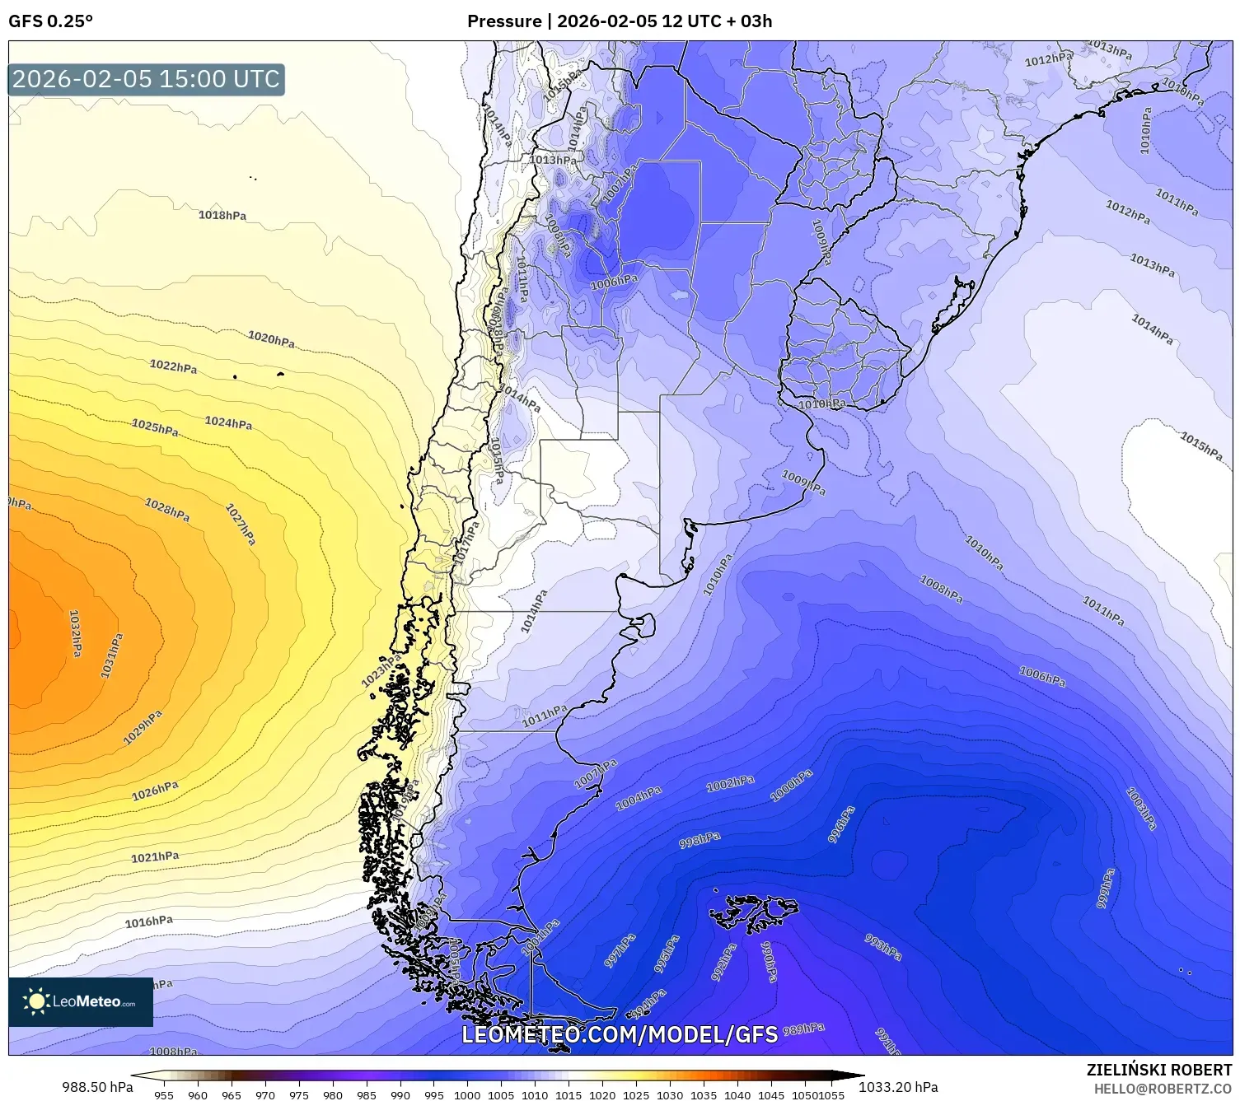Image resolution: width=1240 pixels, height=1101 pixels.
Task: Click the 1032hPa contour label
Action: pos(75,632)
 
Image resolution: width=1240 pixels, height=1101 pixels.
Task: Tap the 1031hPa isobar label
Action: pos(112,655)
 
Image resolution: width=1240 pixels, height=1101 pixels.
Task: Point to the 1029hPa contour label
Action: pos(143,728)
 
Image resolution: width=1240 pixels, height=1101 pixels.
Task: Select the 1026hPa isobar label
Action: pos(155,791)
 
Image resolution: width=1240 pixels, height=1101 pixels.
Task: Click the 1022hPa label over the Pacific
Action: pos(173,366)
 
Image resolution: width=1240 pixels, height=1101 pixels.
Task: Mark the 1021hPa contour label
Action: pos(155,857)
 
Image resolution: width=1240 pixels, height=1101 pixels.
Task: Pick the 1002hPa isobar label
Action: pos(730,783)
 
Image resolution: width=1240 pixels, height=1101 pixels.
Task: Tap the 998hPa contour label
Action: pos(700,840)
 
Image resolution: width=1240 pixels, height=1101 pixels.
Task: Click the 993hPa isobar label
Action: pos(883,947)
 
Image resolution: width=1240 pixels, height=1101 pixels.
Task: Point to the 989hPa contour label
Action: pos(803,1029)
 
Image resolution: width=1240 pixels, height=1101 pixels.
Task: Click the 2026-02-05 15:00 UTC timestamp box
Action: pos(147,79)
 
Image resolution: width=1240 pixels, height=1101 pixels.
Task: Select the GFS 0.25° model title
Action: pos(51,21)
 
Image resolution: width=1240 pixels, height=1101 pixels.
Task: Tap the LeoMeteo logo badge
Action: pos(81,1001)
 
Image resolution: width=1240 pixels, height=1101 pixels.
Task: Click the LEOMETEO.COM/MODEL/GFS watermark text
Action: pos(620,1034)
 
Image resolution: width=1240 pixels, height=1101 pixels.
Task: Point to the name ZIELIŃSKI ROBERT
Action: pos(1159,1070)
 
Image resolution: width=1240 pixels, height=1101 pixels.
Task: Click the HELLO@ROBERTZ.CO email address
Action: pos(1163,1088)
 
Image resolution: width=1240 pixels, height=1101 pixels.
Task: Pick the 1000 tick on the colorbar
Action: pos(467,1095)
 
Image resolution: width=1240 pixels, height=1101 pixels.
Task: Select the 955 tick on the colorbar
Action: pos(164,1095)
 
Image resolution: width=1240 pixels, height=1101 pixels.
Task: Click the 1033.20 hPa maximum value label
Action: pos(898,1087)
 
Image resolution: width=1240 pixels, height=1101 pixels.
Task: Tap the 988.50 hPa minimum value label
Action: pos(97,1087)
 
